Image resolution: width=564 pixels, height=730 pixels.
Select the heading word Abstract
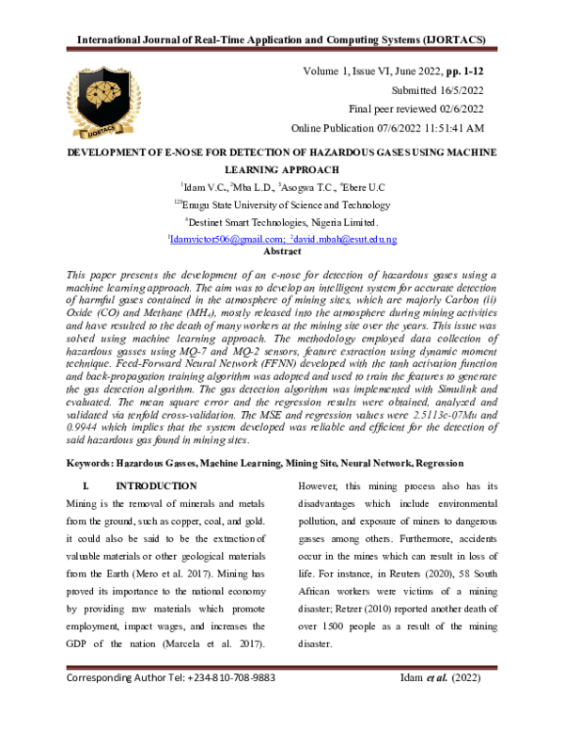click(x=282, y=252)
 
